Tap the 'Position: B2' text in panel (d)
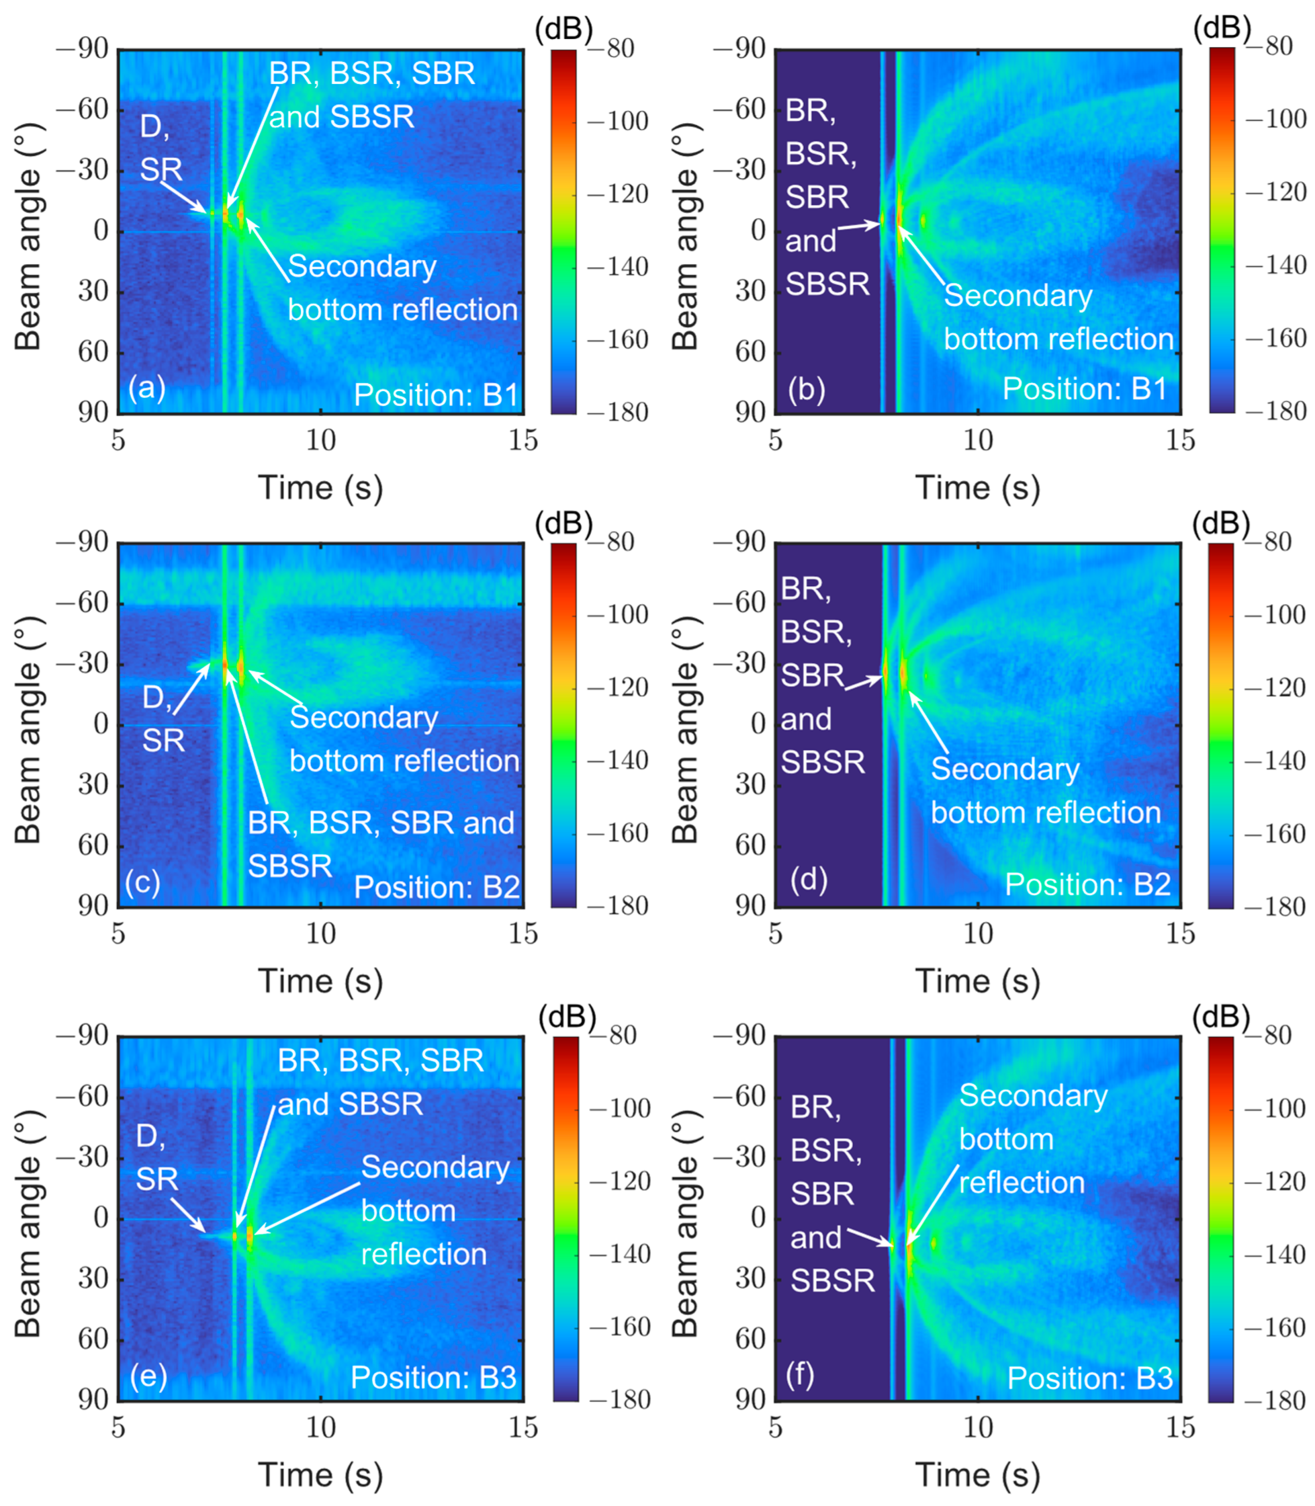[x=1087, y=884]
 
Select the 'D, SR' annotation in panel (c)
[x=162, y=718]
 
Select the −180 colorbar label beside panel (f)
[x=1276, y=1400]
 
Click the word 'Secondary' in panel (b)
[x=1018, y=295]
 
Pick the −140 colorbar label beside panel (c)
[x=618, y=760]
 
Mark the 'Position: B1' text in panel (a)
[x=436, y=395]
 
